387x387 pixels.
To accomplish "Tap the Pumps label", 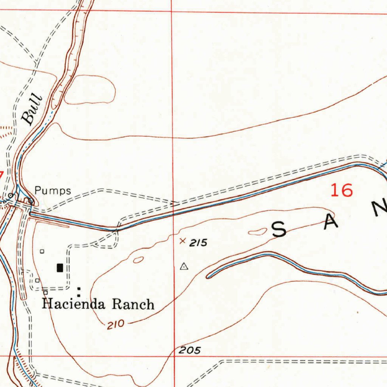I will coord(53,190).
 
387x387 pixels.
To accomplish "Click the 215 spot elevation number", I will coord(198,243).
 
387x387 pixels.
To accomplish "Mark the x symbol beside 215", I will coord(183,241).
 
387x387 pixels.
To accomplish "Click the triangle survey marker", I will coord(184,267).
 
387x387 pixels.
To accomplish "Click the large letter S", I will coord(279,230).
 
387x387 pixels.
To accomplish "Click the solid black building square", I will coord(60,268).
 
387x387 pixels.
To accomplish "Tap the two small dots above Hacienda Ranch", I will coord(79,292).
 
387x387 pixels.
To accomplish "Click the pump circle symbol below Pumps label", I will coord(31,201).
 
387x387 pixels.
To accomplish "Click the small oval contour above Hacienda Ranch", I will coord(138,260).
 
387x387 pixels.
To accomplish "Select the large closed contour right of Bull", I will coord(90,90).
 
